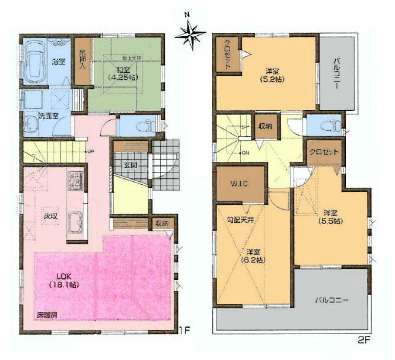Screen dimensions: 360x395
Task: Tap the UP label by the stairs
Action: coord(90,152)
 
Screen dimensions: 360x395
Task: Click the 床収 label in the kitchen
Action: coord(48,216)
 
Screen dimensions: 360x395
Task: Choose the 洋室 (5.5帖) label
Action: coord(334,217)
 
